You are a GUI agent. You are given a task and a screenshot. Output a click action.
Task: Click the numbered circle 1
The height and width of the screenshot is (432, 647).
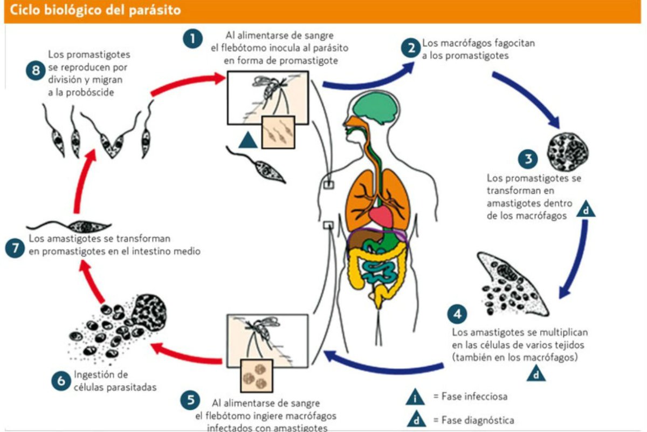coord(192,39)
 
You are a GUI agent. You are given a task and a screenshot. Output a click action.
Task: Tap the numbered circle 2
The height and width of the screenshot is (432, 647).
coord(411,48)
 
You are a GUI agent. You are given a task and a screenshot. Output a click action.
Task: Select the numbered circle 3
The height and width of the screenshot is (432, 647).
coord(528,159)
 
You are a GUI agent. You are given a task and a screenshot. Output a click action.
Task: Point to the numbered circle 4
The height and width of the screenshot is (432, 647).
coord(457,314)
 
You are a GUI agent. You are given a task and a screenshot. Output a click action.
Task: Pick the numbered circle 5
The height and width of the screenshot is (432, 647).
coord(190,400)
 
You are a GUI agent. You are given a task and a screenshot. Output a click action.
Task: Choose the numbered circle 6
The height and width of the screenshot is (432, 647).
coord(61,381)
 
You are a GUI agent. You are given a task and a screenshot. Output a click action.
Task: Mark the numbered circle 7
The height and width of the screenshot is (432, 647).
coord(15,248)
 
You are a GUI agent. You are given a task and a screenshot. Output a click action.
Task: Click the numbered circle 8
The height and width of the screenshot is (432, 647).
coord(36,70)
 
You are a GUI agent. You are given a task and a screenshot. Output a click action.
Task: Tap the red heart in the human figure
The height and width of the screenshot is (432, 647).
coord(381,217)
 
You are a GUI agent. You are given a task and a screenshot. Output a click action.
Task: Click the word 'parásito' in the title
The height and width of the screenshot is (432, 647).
coord(155,10)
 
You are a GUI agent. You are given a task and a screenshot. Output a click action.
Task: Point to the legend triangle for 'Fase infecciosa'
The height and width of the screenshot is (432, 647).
coord(415,397)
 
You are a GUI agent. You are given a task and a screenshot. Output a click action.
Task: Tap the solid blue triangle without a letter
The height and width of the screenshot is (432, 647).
coord(248,140)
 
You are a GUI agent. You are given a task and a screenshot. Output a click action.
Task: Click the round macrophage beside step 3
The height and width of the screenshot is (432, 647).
coord(568,152)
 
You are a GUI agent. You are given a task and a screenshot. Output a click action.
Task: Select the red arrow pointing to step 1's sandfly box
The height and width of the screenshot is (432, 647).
coord(188,83)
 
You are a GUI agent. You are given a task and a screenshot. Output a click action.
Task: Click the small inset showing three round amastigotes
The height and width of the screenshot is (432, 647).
coord(257,376)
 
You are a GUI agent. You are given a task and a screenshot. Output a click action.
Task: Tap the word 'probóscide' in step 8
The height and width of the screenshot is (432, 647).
coord(90,92)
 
